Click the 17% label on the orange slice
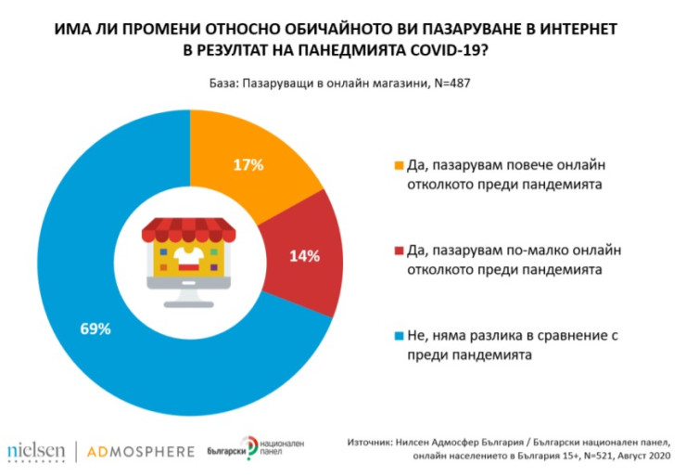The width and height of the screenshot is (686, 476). point(248,165)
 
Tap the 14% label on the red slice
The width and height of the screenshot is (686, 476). point(307,254)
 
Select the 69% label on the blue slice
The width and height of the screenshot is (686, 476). point(95,328)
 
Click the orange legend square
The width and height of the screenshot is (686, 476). point(400,166)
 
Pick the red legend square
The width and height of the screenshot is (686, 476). point(400,251)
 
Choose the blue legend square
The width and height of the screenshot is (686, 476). point(400,334)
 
